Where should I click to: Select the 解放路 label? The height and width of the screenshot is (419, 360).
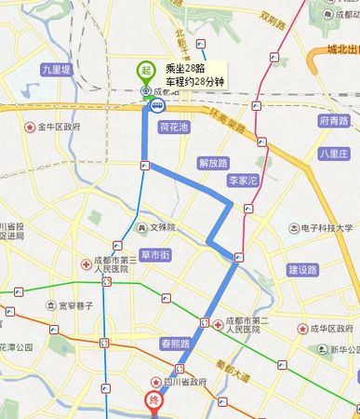214,160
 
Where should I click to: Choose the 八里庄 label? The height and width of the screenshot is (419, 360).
332,154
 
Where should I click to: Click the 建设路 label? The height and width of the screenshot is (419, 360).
302,269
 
